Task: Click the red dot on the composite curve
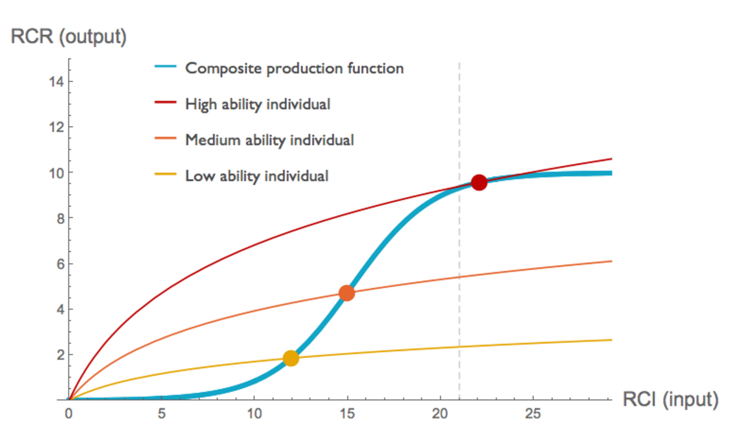tap(479, 182)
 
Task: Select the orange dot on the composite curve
tap(347, 293)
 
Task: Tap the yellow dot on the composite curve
tap(291, 358)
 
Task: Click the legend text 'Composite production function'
tap(294, 68)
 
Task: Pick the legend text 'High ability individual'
tap(258, 104)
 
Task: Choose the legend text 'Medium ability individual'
tap(269, 140)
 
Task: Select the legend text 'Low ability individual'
tap(256, 176)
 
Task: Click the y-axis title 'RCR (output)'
tap(69, 38)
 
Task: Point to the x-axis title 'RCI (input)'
tap(670, 400)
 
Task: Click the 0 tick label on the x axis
tap(69, 413)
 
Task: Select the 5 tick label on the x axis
tap(162, 413)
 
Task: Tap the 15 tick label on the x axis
tap(347, 413)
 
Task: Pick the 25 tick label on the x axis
tap(533, 413)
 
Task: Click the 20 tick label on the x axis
tap(440, 413)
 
